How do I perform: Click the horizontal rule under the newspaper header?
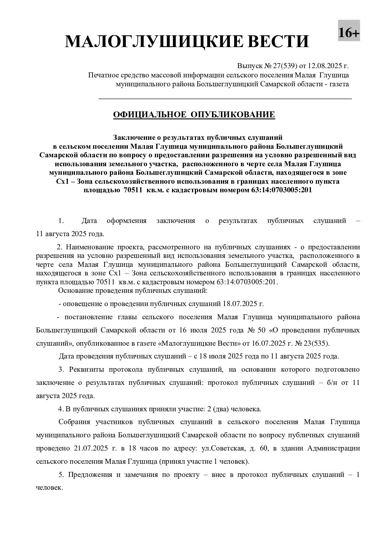pos(225,98)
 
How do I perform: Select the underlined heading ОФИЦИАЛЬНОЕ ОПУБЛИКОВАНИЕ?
pos(194,115)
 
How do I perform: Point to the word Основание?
pos(75,291)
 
